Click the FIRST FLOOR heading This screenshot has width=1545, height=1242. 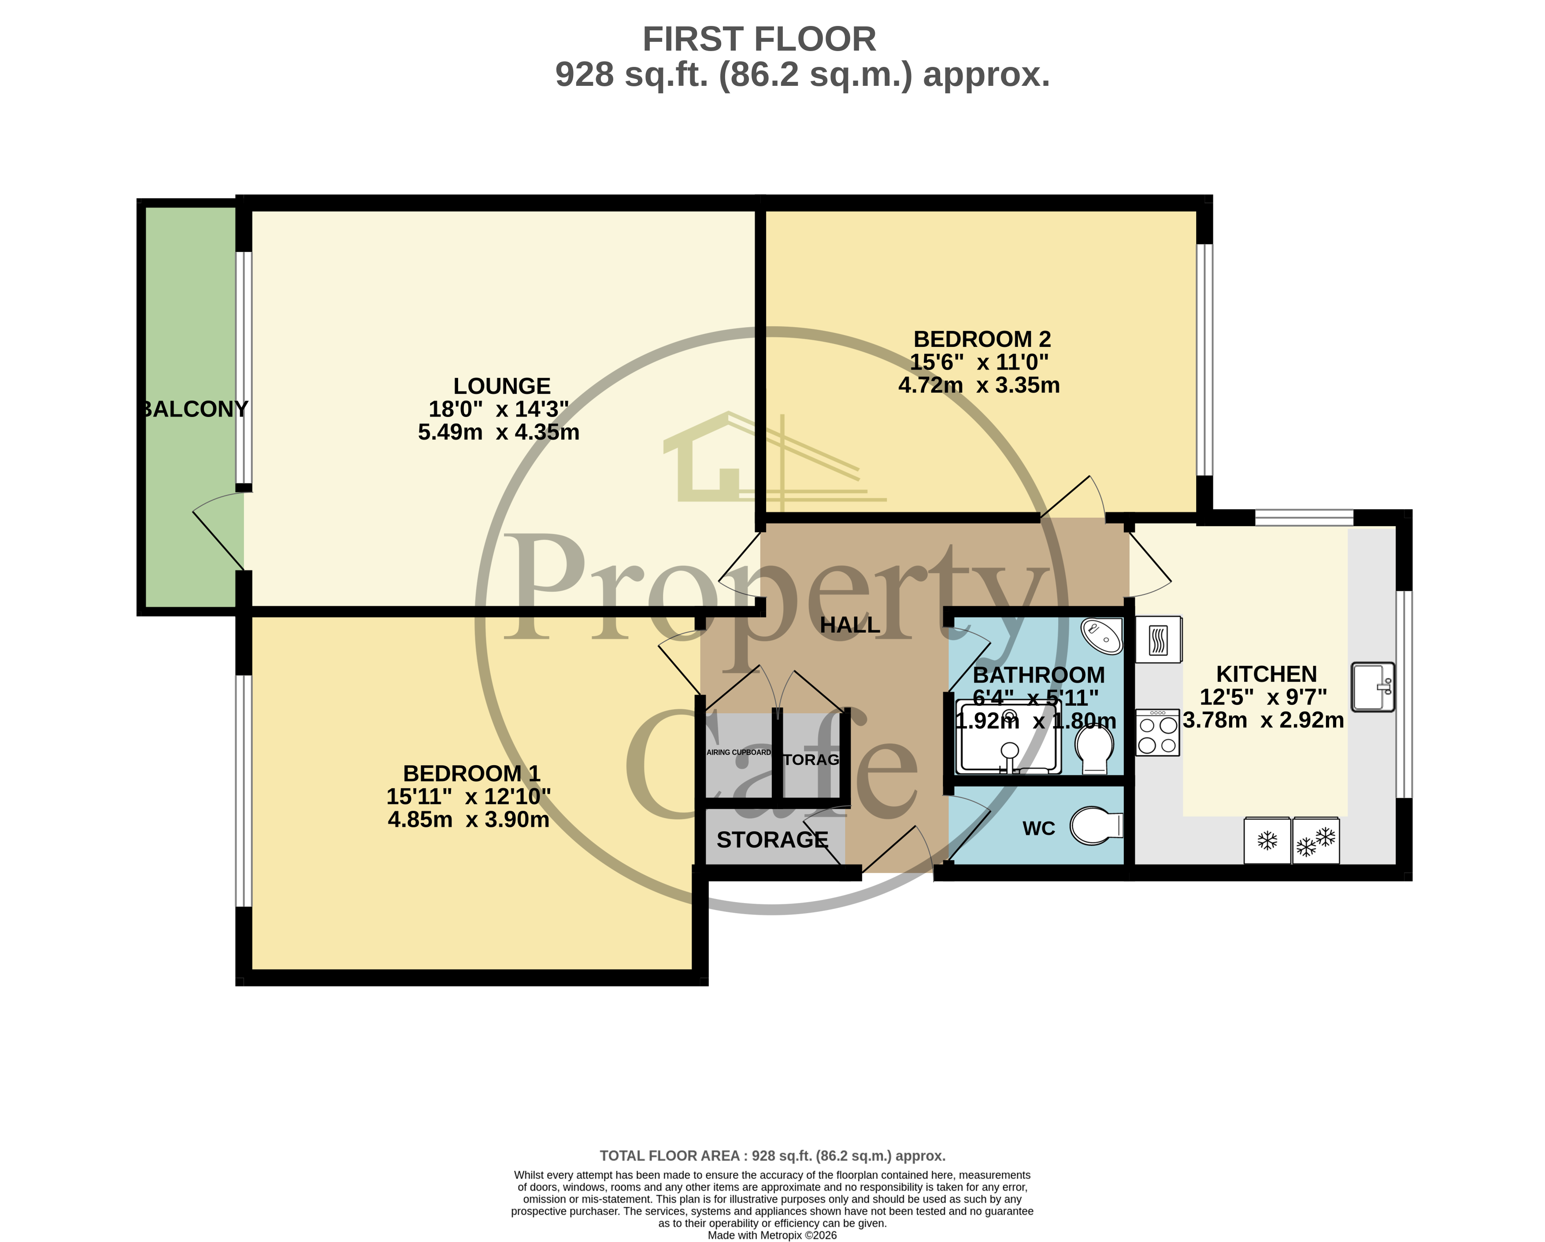tap(759, 39)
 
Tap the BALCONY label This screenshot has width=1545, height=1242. tap(193, 409)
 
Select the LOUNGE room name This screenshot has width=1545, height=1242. tap(502, 386)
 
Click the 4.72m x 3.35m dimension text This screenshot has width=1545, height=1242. tap(979, 385)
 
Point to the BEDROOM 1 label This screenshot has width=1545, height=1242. tap(471, 774)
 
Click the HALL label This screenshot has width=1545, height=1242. tap(849, 625)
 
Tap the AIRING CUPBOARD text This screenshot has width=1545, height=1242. tap(739, 752)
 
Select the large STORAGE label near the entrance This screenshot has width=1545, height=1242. tap(772, 840)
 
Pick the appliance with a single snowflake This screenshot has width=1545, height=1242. tap(1267, 840)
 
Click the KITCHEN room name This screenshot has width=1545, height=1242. tap(1266, 674)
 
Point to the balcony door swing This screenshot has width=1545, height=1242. tap(215, 534)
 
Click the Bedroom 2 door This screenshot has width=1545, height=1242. tap(1073, 498)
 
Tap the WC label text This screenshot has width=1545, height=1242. tap(1038, 829)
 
